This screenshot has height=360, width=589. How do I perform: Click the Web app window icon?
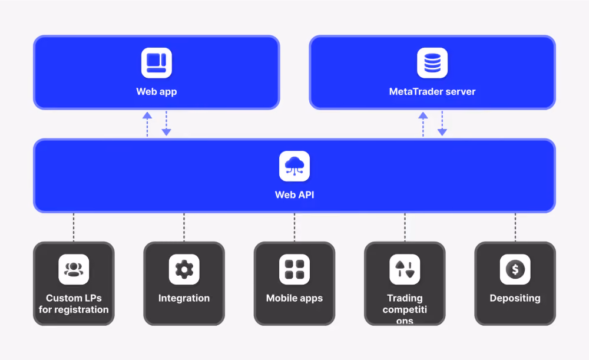tap(157, 63)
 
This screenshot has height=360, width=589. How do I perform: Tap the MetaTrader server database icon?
tap(432, 63)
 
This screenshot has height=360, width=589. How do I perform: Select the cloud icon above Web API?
tap(294, 166)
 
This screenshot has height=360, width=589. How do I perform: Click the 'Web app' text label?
tap(156, 92)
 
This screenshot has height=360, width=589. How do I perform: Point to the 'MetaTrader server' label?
tap(432, 92)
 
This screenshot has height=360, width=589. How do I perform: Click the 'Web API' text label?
tap(294, 194)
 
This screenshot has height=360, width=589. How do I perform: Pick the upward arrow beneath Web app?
tap(147, 124)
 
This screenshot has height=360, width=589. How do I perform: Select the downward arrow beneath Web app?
tap(167, 123)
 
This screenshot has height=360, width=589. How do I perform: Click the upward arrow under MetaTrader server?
tap(423, 124)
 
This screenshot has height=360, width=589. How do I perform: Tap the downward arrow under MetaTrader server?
tap(442, 123)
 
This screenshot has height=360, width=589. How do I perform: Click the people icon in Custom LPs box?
tap(74, 269)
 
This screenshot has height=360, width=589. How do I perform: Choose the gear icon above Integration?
tap(184, 269)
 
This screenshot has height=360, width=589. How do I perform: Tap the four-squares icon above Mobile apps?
tap(294, 269)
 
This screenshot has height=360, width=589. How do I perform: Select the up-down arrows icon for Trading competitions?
tap(405, 269)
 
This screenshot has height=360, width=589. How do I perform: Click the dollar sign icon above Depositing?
tap(515, 269)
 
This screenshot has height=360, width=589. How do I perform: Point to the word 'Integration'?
tap(184, 298)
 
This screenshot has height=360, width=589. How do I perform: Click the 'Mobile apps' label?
tap(294, 298)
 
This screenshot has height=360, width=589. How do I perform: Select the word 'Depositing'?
tap(515, 298)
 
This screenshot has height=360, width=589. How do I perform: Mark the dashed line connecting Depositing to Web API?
tap(515, 227)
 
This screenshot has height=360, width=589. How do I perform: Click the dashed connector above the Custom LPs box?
tap(74, 227)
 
